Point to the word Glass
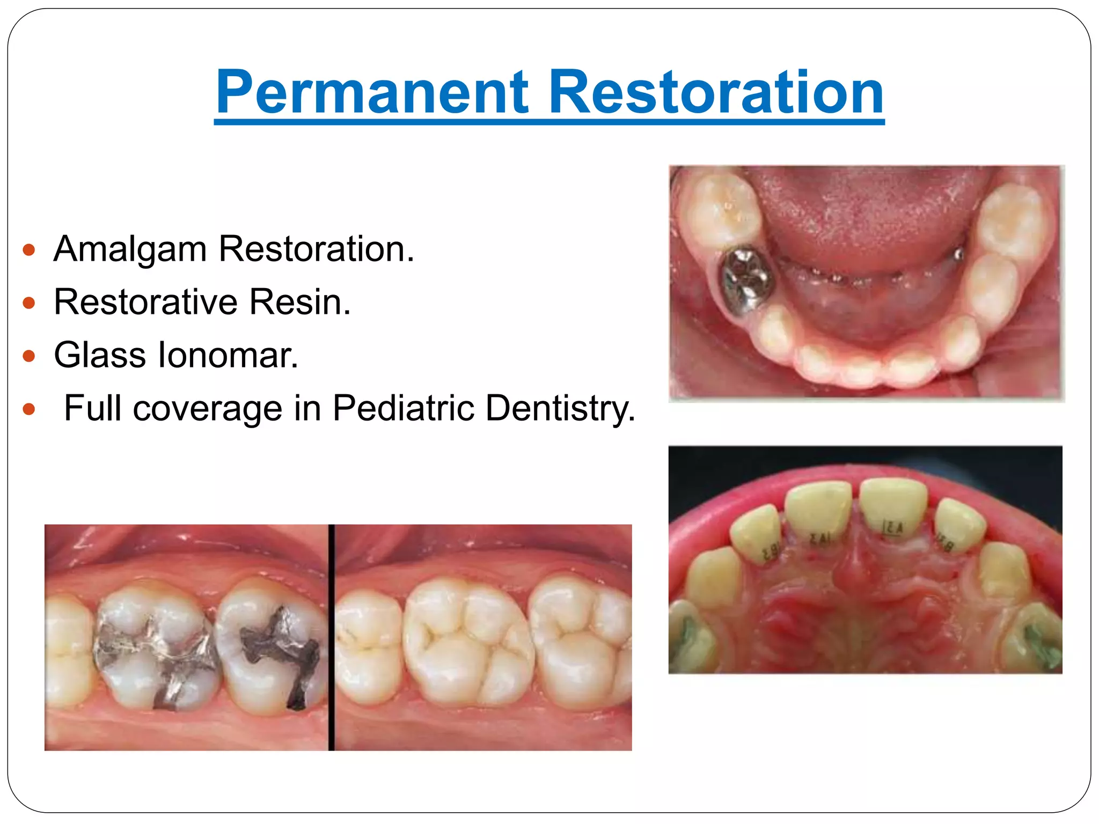tap(100, 355)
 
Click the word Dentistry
tap(560, 409)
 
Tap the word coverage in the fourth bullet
tap(207, 409)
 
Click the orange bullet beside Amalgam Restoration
tap(30, 250)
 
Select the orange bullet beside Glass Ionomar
tap(30, 356)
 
